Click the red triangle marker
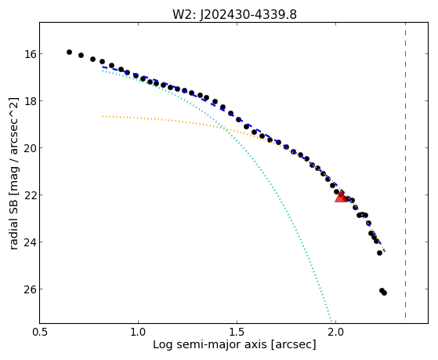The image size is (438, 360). (x=341, y=197)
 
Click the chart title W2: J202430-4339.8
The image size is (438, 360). (x=234, y=14)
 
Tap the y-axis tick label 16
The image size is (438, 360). (x=30, y=53)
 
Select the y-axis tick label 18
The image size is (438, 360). (x=30, y=100)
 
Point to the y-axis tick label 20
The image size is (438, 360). (x=30, y=147)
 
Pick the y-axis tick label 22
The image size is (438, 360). (x=30, y=195)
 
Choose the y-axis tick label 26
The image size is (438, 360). (x=30, y=289)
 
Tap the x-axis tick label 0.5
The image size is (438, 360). (x=40, y=332)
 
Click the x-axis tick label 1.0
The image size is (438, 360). (x=138, y=332)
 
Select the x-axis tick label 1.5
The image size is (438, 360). (x=237, y=332)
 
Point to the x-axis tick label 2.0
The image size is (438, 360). (x=335, y=332)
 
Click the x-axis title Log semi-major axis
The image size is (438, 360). (x=209, y=344)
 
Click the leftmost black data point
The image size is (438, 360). (x=69, y=52)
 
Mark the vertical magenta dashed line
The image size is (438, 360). (x=405, y=170)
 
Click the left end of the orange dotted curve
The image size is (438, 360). (x=103, y=116)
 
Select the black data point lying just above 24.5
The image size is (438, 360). (x=379, y=253)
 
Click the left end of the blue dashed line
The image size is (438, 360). (x=103, y=67)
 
